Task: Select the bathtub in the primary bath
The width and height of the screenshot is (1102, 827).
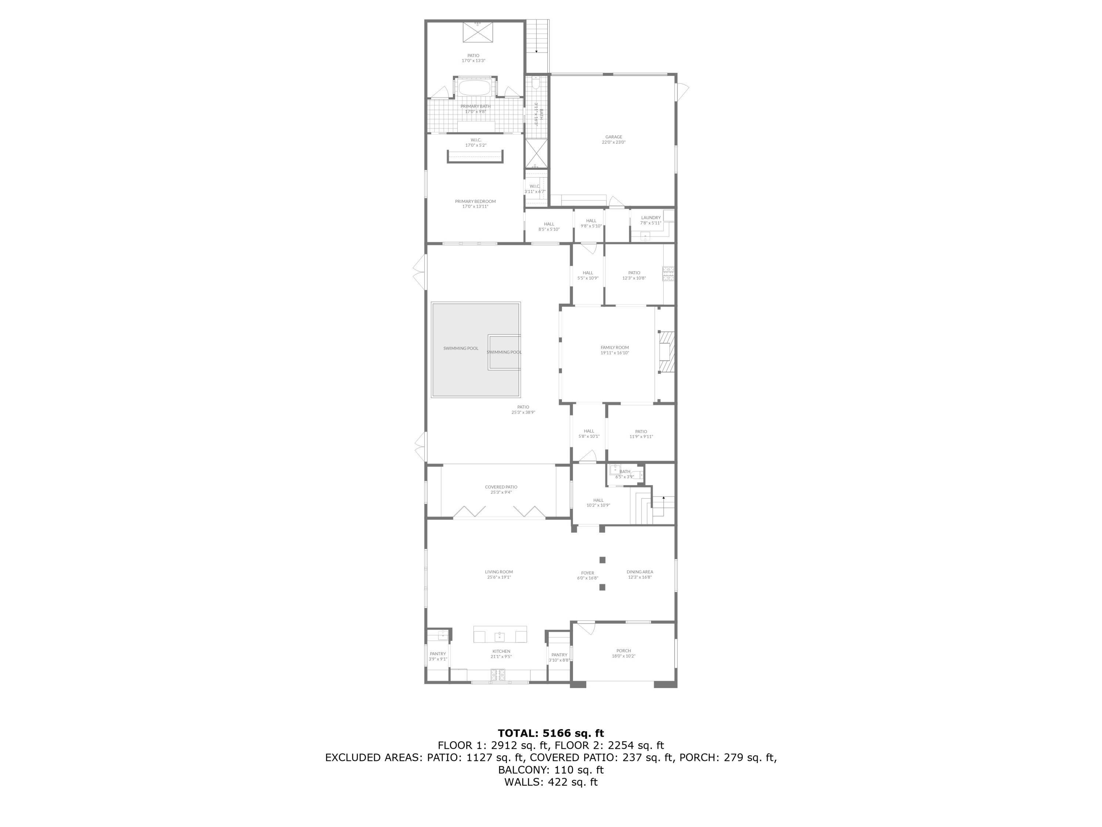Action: tap(475, 89)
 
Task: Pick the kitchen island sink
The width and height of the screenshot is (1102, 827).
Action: tap(500, 637)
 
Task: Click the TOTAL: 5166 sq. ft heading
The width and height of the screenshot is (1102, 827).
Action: tap(551, 733)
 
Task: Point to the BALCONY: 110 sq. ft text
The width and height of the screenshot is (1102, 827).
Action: tap(551, 770)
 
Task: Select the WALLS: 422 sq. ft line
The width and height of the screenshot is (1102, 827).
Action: tap(551, 782)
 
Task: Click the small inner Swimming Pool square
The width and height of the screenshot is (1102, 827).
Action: tap(504, 352)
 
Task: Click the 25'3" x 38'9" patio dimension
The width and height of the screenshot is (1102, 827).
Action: tap(523, 412)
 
